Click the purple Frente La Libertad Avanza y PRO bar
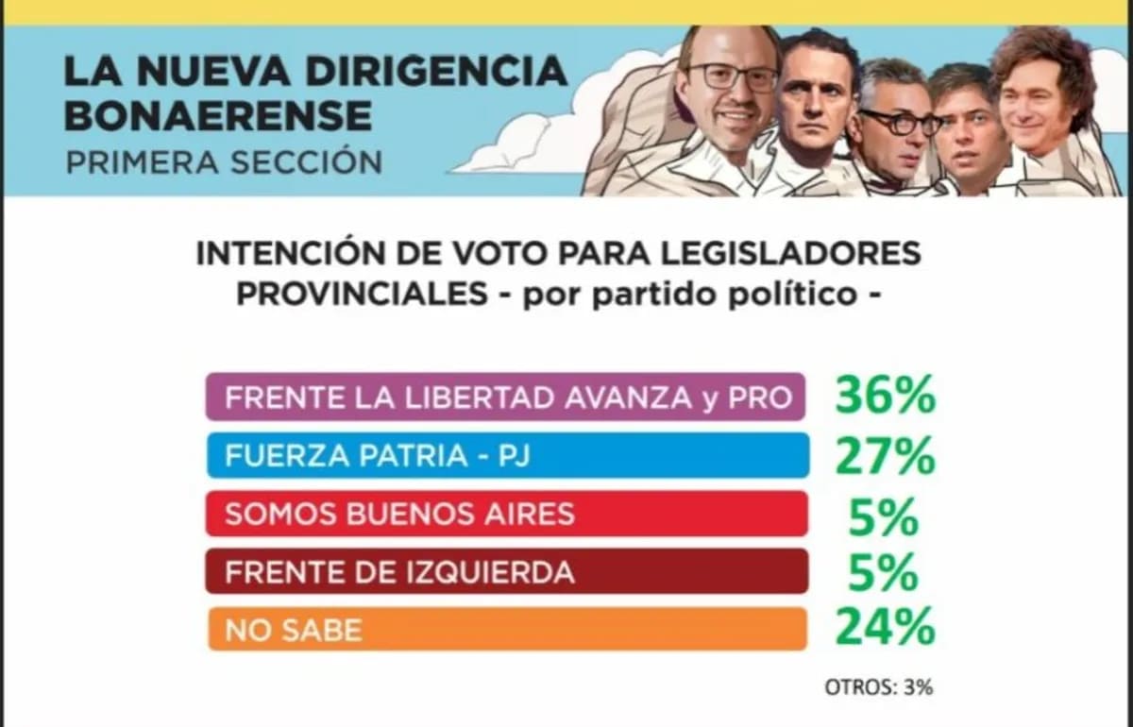pos(505,397)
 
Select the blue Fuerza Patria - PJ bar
pos(505,456)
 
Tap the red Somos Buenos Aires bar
pos(505,514)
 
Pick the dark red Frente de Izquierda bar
pos(505,571)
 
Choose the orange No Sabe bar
pos(505,629)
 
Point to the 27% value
pos(884,457)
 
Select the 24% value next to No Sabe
pos(884,627)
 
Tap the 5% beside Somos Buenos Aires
pos(884,516)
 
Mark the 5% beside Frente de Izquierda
pos(884,573)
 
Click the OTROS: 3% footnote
pos(878,686)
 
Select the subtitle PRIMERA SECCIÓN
pos(224,161)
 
